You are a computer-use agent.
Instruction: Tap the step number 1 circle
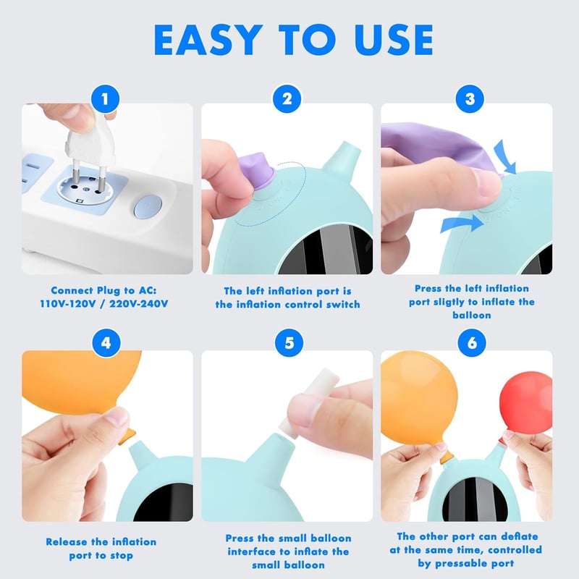pyautogui.click(x=105, y=99)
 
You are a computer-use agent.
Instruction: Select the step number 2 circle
pyautogui.click(x=287, y=99)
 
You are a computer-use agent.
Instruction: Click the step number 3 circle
pyautogui.click(x=470, y=99)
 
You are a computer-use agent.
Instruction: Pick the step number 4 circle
pyautogui.click(x=106, y=343)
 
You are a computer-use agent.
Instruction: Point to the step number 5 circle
pyautogui.click(x=289, y=343)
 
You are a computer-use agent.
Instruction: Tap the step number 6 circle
pyautogui.click(x=473, y=343)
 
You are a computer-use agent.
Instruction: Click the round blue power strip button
pyautogui.click(x=148, y=206)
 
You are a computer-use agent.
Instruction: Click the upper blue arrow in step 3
pyautogui.click(x=505, y=156)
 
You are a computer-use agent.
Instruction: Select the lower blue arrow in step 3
pyautogui.click(x=462, y=224)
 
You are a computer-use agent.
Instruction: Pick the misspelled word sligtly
pyautogui.click(x=449, y=302)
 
